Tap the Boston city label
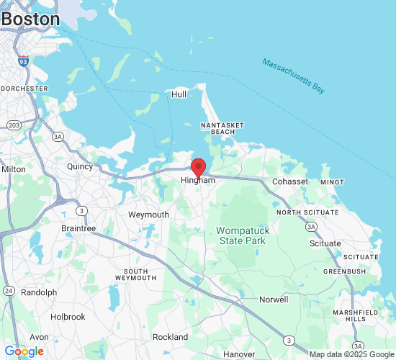tap(30, 19)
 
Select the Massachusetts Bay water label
tap(294, 75)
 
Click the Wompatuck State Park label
tap(243, 235)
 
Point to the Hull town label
tap(179, 94)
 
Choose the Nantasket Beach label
tap(218, 128)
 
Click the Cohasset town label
tap(290, 181)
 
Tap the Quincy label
tap(80, 166)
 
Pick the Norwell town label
tap(274, 300)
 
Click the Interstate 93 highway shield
tap(24, 61)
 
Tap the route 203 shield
tap(14, 125)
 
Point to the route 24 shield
tap(9, 290)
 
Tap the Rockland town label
tap(170, 337)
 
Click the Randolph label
tap(39, 292)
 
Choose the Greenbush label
tap(344, 271)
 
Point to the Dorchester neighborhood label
tap(24, 89)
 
